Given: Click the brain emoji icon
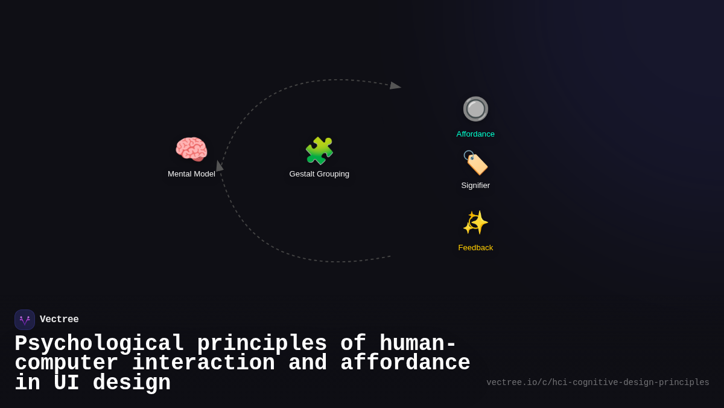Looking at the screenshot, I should point(191,149).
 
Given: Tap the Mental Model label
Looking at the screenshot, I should point(191,174).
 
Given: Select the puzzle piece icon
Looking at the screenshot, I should point(319,151).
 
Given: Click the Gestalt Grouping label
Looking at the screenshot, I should point(319,174).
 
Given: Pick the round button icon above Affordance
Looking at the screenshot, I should point(475,109).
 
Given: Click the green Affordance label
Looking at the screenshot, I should point(475,134).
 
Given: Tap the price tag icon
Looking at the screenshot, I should point(475,163).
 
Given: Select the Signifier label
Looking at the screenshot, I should point(475,186).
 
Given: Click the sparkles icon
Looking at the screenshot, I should point(475,222).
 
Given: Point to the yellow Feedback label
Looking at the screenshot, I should point(475,248).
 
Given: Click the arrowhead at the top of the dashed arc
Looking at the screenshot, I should point(395,86).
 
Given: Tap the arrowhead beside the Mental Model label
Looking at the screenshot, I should point(219,166).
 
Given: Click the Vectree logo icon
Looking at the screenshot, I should point(25,320).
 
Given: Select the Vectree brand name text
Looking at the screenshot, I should point(59,320).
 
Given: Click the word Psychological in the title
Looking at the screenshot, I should point(99,344).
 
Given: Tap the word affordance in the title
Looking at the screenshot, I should point(405,363).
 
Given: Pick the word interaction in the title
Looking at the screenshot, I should point(203,363).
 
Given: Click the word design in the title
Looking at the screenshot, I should point(132,383).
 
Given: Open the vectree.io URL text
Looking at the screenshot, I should point(597,383).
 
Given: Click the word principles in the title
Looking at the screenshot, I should point(262,344).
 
